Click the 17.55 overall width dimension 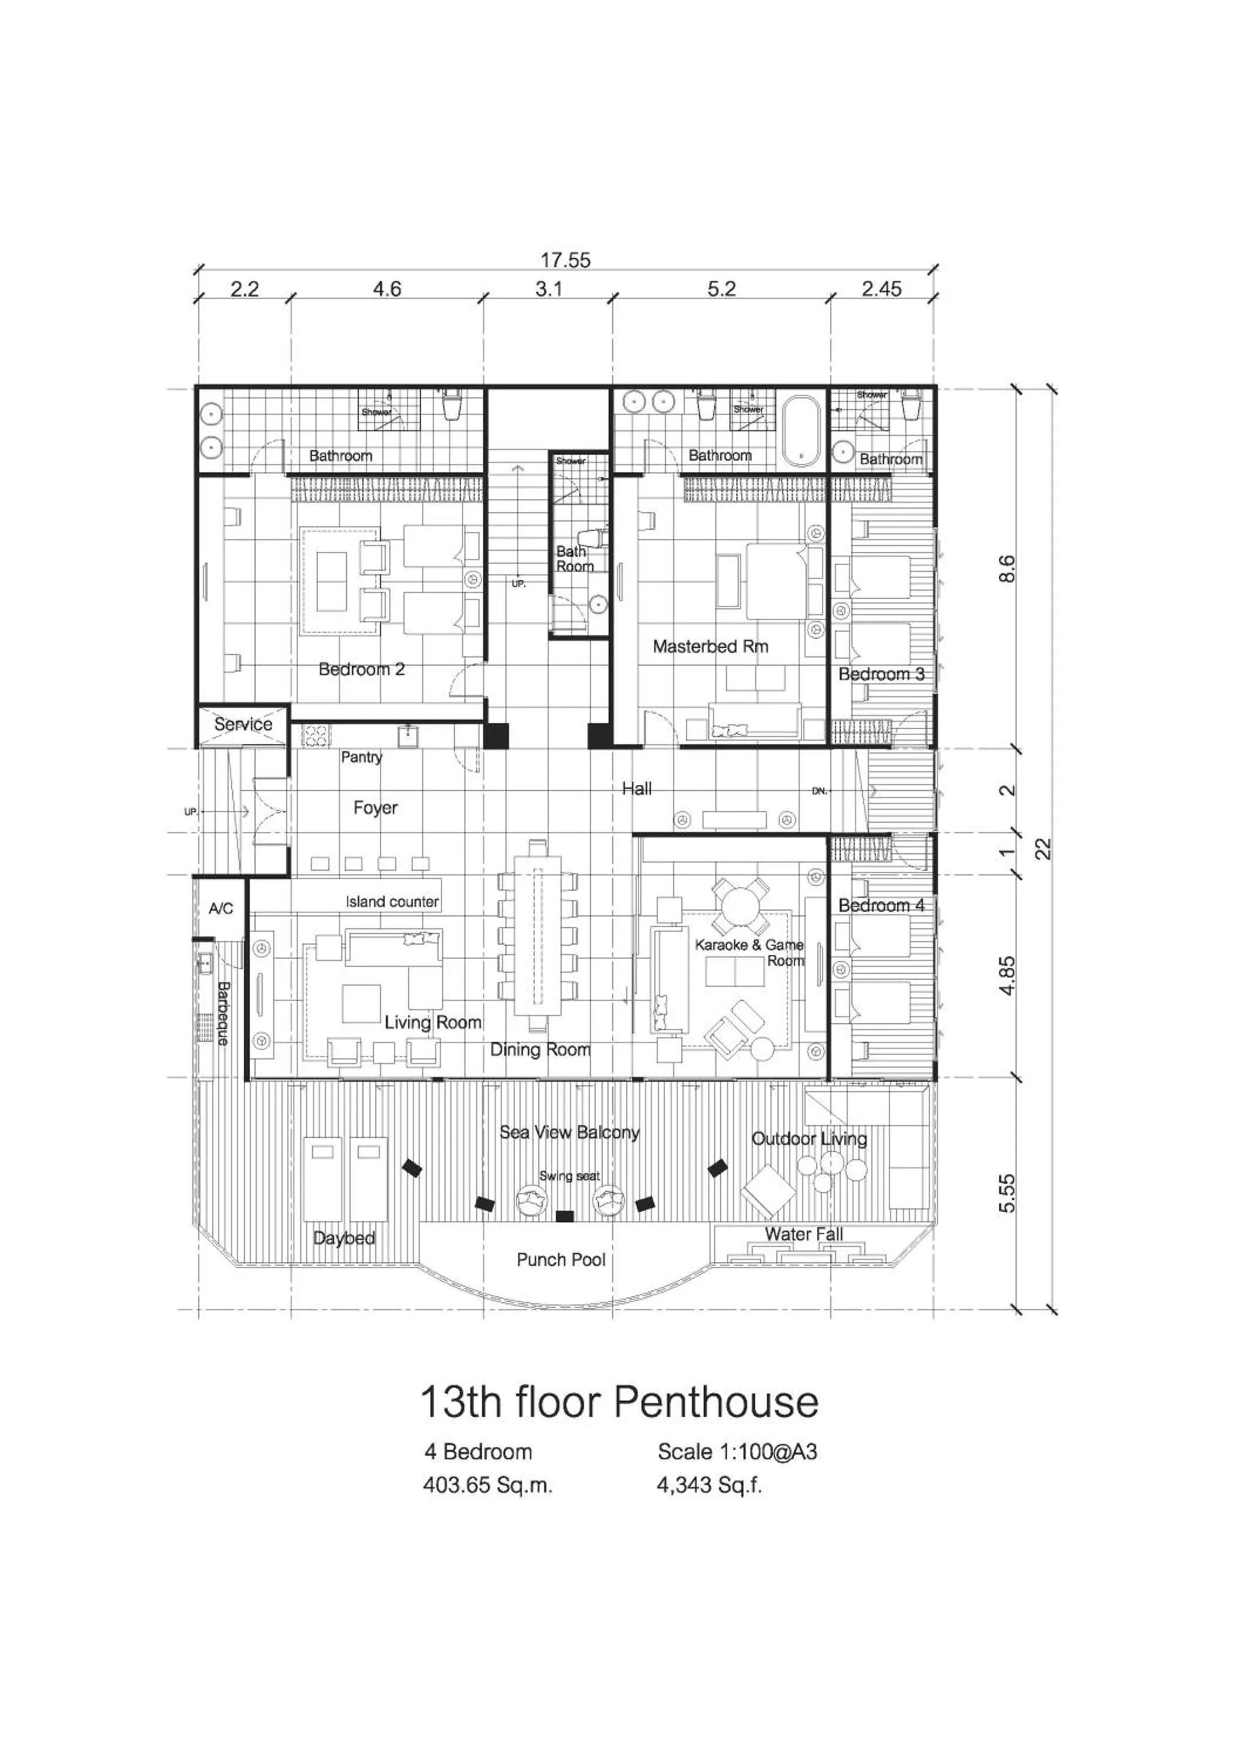tap(565, 260)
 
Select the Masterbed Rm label tap(710, 646)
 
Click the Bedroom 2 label tap(362, 669)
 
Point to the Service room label tap(243, 724)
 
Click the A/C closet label tap(220, 908)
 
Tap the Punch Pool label tap(561, 1259)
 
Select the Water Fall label tap(803, 1234)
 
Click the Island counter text tap(392, 902)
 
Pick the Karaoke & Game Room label tap(749, 952)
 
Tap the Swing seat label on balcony tap(569, 1176)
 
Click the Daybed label tap(344, 1238)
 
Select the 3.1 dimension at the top tap(548, 289)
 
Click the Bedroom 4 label tap(881, 905)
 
